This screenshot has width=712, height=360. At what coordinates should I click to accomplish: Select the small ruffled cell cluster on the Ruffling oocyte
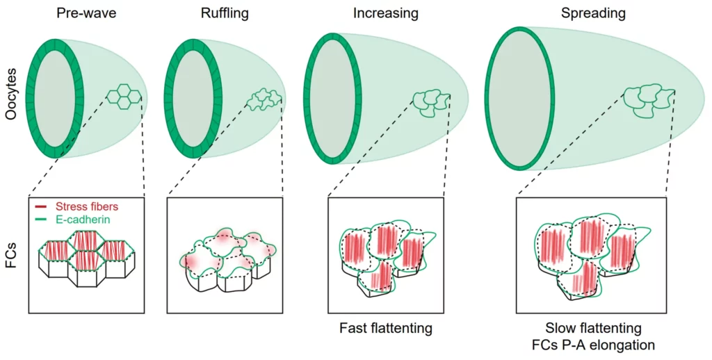(x=264, y=100)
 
